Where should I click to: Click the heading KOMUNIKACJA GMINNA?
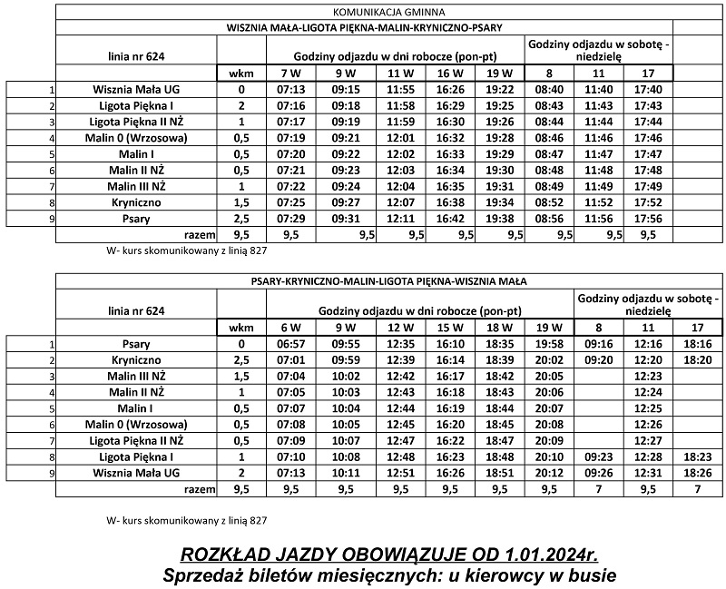[364, 13]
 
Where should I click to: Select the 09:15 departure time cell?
[346, 90]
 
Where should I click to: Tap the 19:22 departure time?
[500, 90]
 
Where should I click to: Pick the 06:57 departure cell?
[290, 345]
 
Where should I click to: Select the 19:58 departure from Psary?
[549, 345]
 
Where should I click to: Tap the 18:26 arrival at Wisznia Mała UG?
[698, 473]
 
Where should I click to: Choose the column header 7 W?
[290, 73]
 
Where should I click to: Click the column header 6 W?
[290, 327]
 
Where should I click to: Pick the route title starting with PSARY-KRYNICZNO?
[389, 281]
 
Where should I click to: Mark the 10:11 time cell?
[346, 473]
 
